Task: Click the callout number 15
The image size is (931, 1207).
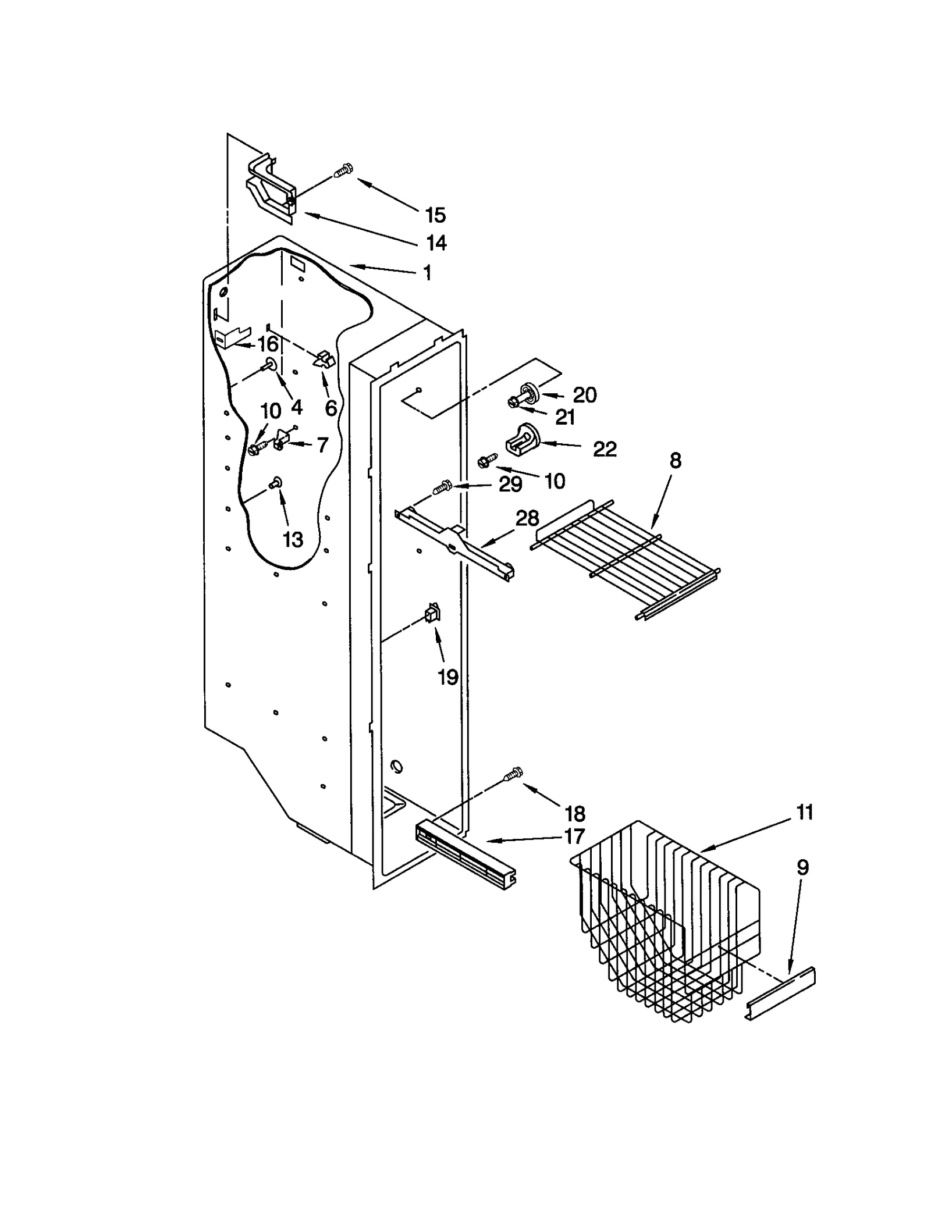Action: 435,215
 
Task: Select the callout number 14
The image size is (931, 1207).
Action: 436,243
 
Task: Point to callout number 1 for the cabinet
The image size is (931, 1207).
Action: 428,273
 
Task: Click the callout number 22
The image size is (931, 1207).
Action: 605,448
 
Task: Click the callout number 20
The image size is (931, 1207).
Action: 584,395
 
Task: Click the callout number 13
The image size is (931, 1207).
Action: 293,540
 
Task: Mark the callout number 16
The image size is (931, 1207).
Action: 268,344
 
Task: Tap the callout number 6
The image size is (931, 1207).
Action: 331,408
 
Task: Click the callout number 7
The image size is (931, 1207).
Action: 322,445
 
